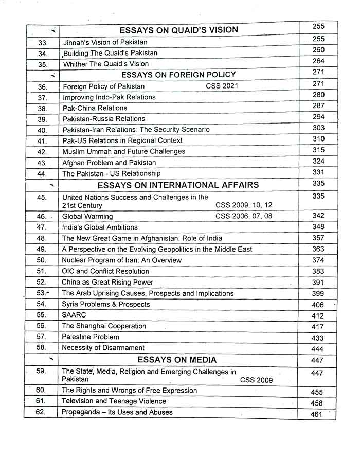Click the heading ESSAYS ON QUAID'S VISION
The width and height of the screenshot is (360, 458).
pyautogui.click(x=179, y=30)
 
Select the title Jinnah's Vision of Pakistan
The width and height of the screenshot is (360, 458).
pyautogui.click(x=105, y=42)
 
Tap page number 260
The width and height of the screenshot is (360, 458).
pyautogui.click(x=318, y=50)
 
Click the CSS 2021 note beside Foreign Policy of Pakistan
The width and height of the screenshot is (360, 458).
pyautogui.click(x=222, y=86)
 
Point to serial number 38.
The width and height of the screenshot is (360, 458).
pyautogui.click(x=43, y=109)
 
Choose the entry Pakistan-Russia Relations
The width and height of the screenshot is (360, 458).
pyautogui.click(x=103, y=119)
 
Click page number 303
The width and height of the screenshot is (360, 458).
pyautogui.click(x=318, y=128)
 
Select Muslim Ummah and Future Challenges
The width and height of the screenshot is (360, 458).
pyautogui.click(x=123, y=152)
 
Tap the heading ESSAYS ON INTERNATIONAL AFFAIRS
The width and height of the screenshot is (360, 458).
pyautogui.click(x=178, y=185)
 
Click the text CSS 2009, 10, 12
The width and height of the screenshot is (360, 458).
pyautogui.click(x=244, y=205)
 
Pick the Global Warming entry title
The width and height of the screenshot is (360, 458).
pyautogui.click(x=87, y=216)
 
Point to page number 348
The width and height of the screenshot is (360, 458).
pyautogui.click(x=318, y=226)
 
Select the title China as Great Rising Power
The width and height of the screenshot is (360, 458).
pyautogui.click(x=107, y=282)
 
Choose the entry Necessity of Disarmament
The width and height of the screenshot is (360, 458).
pyautogui.click(x=103, y=348)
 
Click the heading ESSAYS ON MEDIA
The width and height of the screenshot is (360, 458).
pyautogui.click(x=177, y=360)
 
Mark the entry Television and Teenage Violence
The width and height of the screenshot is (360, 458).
pyautogui.click(x=114, y=401)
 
